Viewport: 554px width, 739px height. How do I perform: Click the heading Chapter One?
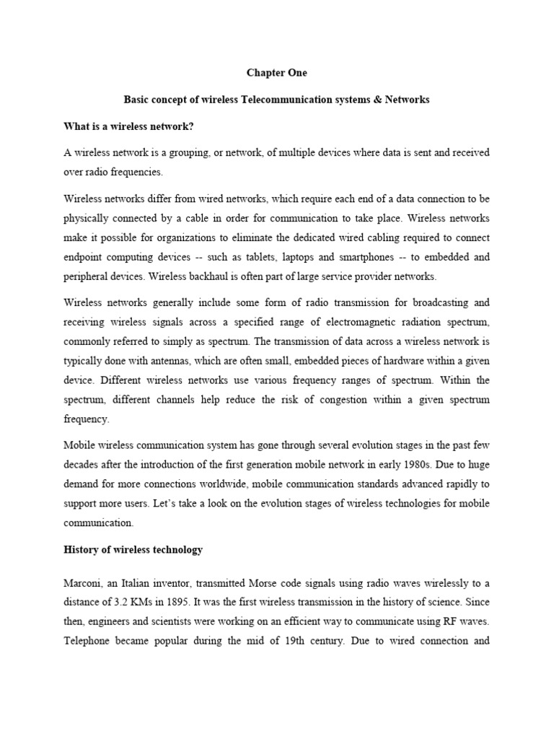pos(277,73)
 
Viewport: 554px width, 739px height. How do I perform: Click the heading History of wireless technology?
pos(133,549)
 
